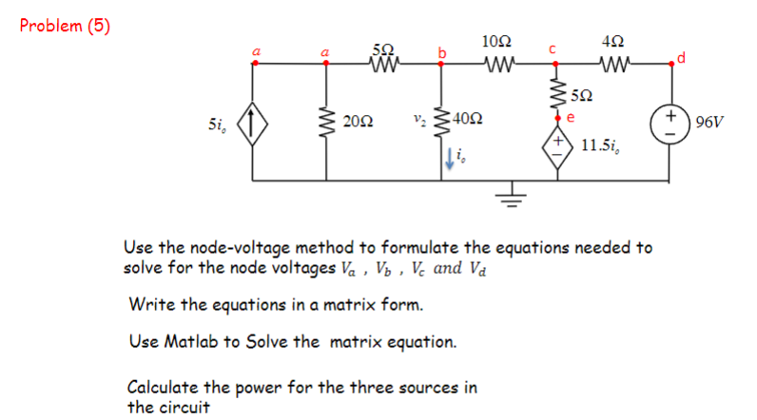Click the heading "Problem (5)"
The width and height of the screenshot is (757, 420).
coord(66,26)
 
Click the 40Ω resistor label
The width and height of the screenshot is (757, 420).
coord(467,120)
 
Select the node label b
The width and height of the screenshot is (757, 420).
coord(440,52)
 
